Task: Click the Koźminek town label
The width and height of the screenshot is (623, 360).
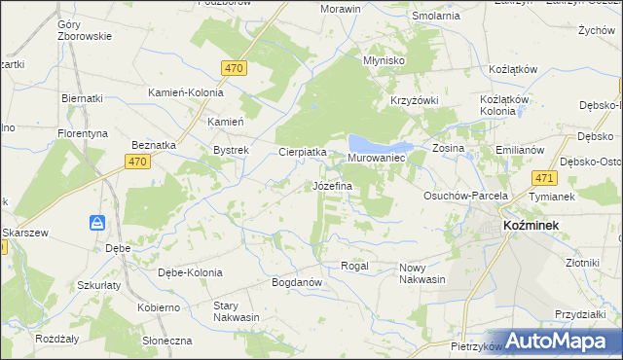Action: click(x=529, y=225)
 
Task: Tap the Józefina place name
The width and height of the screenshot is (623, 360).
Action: click(x=332, y=185)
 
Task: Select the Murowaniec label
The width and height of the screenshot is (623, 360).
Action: click(x=376, y=157)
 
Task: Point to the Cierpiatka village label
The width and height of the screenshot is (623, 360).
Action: click(x=302, y=152)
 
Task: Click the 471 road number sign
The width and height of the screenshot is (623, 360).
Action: click(x=544, y=178)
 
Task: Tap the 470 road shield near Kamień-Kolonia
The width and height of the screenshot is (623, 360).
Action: click(x=234, y=68)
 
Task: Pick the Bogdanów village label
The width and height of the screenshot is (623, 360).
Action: click(x=297, y=282)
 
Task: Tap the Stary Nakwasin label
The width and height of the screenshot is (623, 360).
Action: click(x=237, y=311)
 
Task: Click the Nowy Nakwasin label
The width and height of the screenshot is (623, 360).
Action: click(x=421, y=273)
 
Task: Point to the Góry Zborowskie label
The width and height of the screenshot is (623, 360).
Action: click(x=85, y=30)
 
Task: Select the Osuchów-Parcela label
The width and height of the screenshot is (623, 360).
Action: click(x=466, y=196)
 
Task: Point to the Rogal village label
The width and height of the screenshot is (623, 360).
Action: click(x=353, y=266)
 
